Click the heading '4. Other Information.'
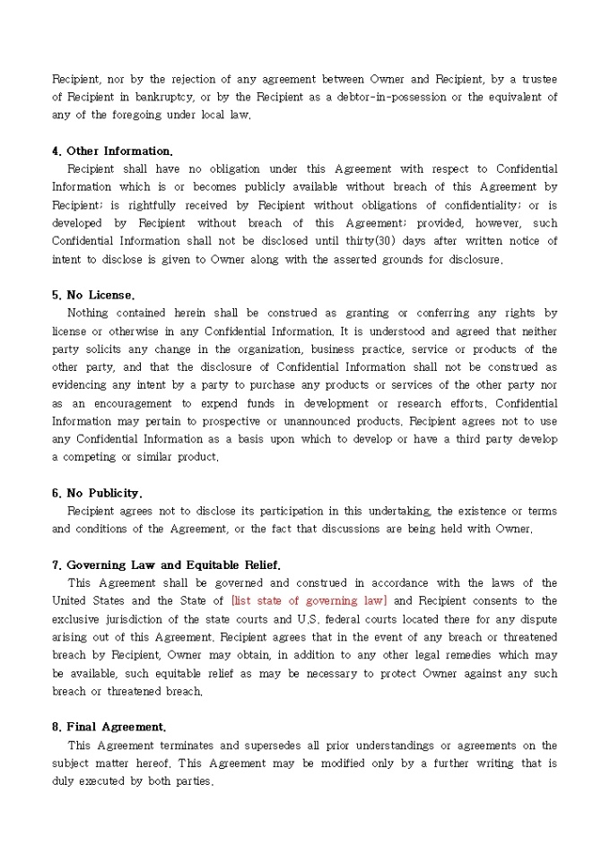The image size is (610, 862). (112, 151)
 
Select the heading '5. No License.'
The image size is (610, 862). (93, 295)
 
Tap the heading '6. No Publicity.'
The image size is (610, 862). (97, 493)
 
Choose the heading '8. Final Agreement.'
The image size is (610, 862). (109, 727)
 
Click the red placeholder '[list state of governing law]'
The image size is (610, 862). (309, 601)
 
